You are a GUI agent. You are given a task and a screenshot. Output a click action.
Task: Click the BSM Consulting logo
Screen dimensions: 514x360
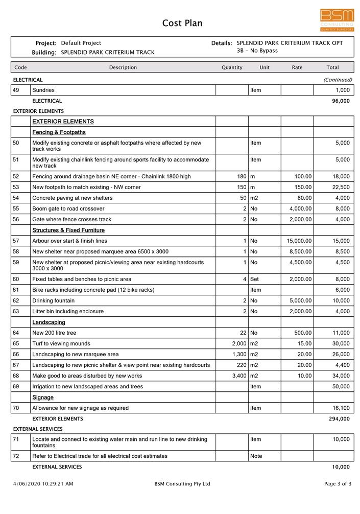coord(337,20)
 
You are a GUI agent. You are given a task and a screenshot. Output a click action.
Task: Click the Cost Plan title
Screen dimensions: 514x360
coord(182,23)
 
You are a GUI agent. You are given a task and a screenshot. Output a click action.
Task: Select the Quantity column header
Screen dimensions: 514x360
coord(232,67)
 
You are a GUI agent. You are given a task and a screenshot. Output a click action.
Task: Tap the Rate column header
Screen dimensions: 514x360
coord(297,67)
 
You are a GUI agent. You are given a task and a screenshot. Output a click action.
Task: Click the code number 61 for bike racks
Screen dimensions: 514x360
coord(16,290)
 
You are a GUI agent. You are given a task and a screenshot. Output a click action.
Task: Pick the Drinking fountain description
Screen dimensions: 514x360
coord(53,300)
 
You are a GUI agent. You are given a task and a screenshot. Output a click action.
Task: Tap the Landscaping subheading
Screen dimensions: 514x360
coord(49,322)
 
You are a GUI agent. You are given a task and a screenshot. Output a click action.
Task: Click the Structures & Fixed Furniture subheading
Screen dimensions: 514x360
coord(68,230)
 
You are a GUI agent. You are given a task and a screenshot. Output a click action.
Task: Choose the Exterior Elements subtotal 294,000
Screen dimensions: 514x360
coord(339,418)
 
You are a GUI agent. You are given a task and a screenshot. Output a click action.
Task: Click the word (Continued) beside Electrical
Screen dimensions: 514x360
coord(338,80)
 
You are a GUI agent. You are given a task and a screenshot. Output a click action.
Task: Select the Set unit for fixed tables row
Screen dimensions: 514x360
coord(255,279)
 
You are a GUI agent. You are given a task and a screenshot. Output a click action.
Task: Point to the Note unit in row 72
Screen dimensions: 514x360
coord(256,456)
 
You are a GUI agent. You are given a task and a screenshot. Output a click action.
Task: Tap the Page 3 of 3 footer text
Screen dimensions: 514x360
coord(338,484)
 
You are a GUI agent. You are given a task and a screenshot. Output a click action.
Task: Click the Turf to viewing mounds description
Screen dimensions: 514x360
coord(61,343)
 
